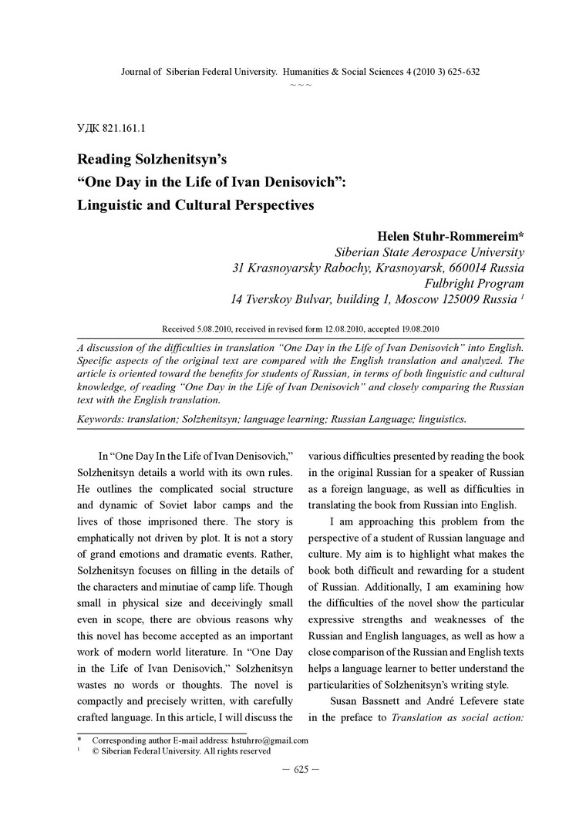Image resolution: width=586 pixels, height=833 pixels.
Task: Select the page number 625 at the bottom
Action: (x=293, y=769)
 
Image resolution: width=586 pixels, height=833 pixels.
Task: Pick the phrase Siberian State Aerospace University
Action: (x=429, y=252)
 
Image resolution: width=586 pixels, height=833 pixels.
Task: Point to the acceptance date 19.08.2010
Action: (x=416, y=327)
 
